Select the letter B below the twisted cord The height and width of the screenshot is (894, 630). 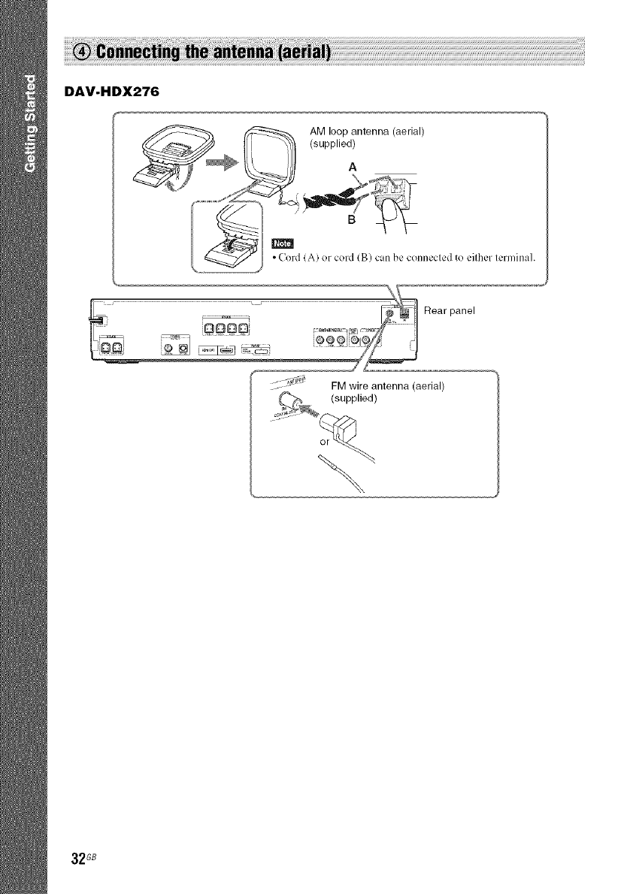pos(350,219)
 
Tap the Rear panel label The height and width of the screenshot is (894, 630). pos(452,310)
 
